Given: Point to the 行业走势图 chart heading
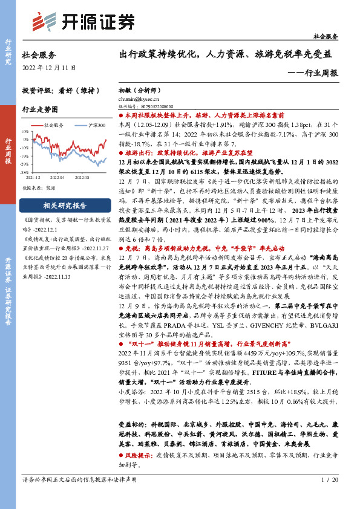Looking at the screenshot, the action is click(x=40, y=110).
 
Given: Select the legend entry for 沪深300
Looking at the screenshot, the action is click(x=90, y=125).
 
